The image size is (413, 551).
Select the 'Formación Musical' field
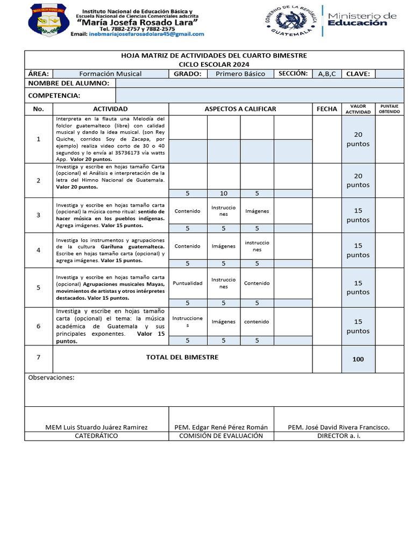pyautogui.click(x=110, y=74)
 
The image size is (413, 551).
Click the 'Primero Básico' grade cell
pyautogui.click(x=240, y=74)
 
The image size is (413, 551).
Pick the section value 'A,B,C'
pyautogui.click(x=327, y=74)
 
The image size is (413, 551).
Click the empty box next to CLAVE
pyautogui.click(x=389, y=74)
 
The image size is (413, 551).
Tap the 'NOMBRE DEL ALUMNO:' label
pyautogui.click(x=68, y=83)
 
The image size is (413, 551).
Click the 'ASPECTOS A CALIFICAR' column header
pyautogui.click(x=240, y=109)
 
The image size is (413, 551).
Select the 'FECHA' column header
pyautogui.click(x=327, y=109)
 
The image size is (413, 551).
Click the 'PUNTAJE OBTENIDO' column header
pyautogui.click(x=389, y=109)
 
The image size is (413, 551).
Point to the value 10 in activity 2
pyautogui.click(x=223, y=193)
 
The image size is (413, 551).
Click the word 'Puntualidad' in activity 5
pyautogui.click(x=188, y=283)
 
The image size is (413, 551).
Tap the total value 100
pyautogui.click(x=358, y=359)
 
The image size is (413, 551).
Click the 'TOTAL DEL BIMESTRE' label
pyautogui.click(x=182, y=357)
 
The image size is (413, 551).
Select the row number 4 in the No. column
pyautogui.click(x=38, y=250)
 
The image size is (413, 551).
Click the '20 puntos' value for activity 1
pyautogui.click(x=358, y=139)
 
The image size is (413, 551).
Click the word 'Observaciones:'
pyautogui.click(x=51, y=378)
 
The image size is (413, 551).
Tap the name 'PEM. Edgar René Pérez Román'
pyautogui.click(x=221, y=427)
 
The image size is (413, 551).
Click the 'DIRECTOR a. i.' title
pyautogui.click(x=339, y=436)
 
